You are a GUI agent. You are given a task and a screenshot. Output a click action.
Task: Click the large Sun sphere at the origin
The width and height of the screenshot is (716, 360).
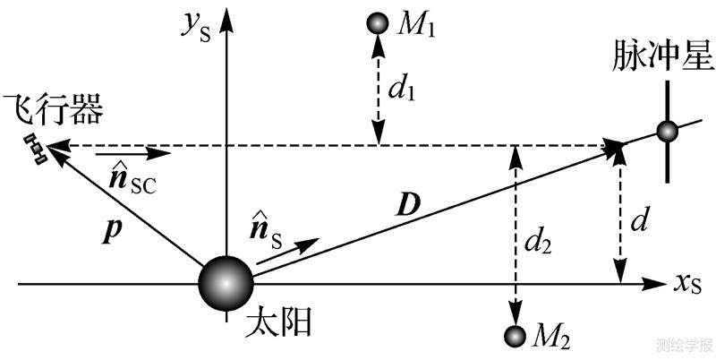226,283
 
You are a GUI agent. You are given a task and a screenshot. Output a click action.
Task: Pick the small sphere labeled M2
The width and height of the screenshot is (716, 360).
515,336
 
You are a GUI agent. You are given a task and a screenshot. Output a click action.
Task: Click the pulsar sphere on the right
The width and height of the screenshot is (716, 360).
667,132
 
